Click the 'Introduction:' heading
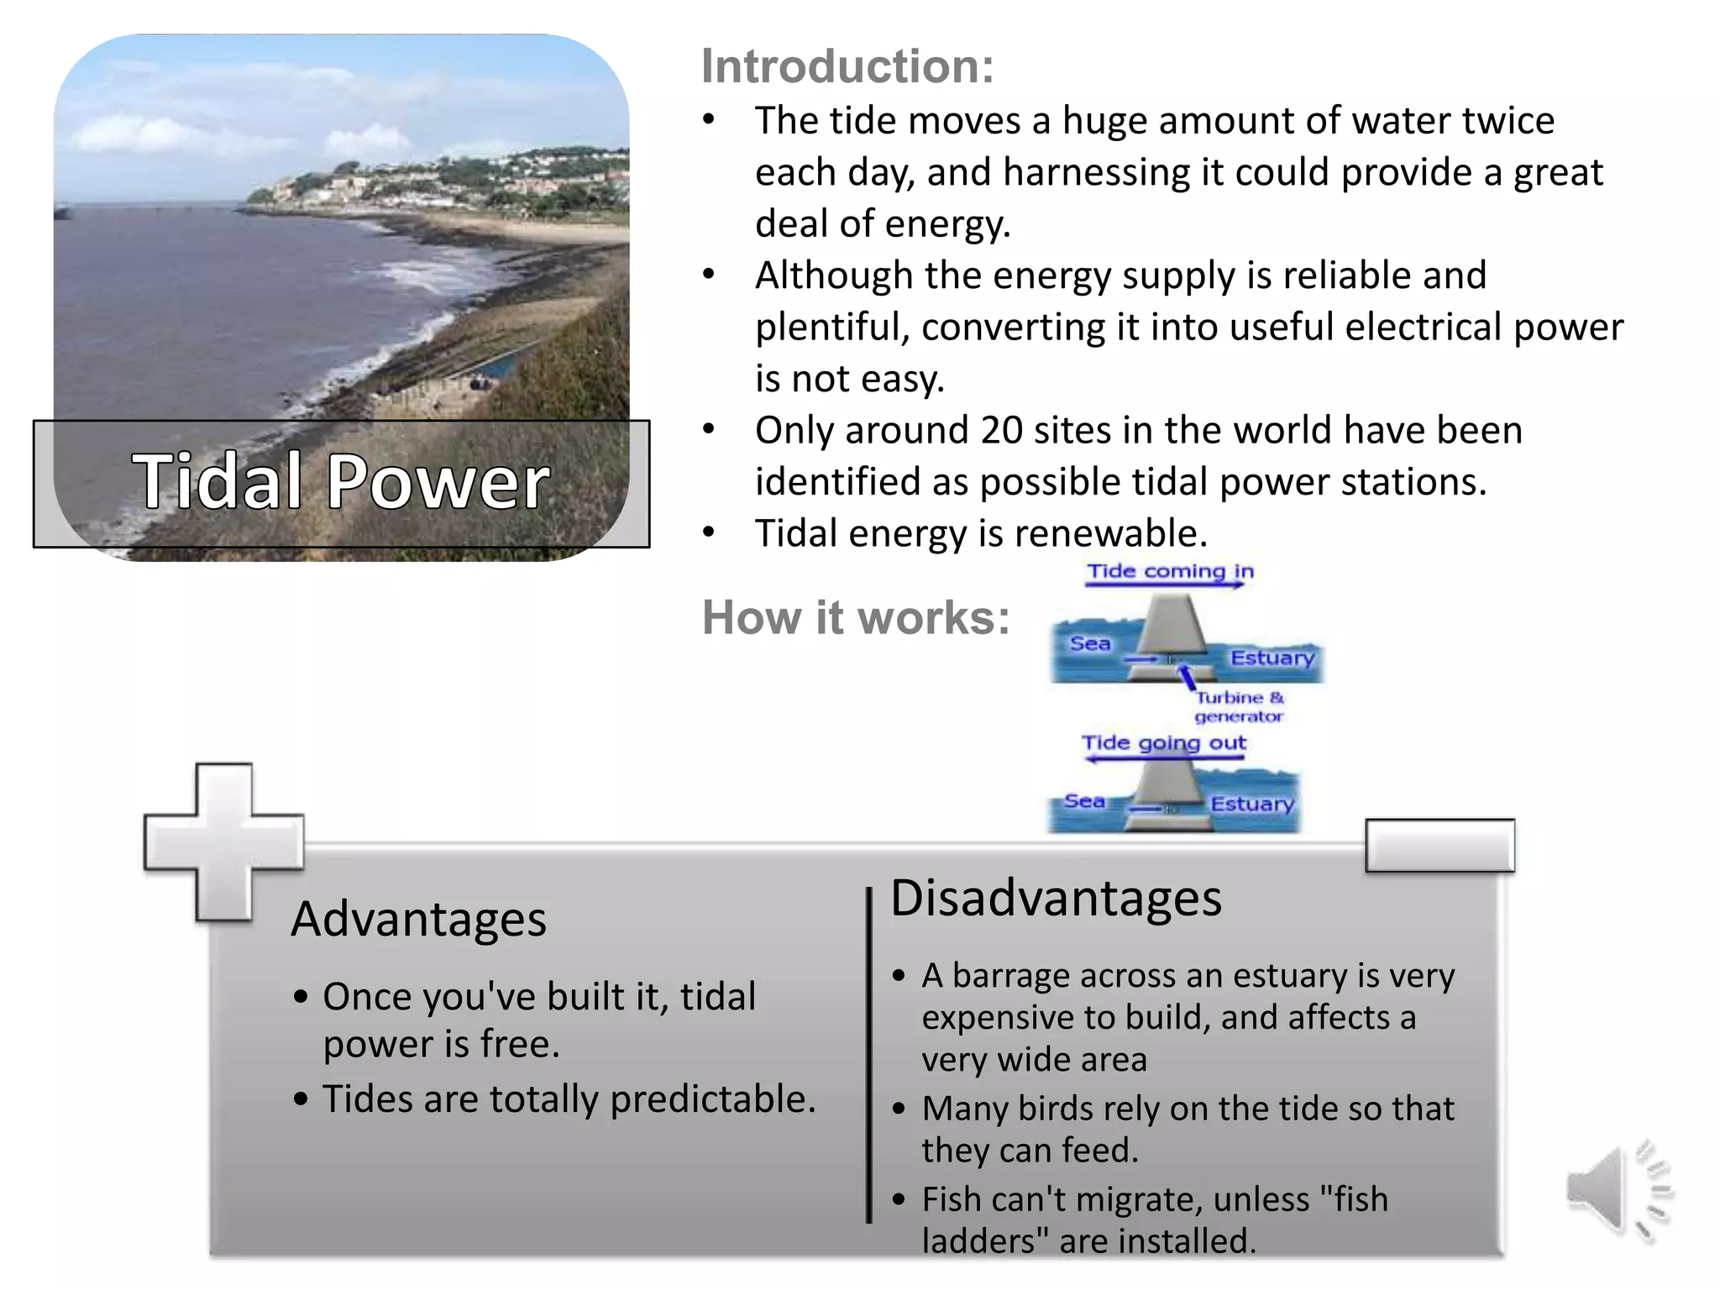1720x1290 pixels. tap(847, 66)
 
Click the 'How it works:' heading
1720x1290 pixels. tap(855, 618)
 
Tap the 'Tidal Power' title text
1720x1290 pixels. tap(340, 482)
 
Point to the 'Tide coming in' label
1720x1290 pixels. tap(1170, 572)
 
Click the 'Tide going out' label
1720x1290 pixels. tap(1163, 743)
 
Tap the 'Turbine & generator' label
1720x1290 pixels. tap(1239, 707)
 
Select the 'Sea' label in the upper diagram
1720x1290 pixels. tap(1089, 644)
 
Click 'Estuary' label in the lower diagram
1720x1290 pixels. tap(1251, 805)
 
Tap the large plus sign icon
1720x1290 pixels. tap(223, 842)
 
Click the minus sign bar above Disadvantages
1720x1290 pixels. tap(1439, 846)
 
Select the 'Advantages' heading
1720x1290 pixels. tap(418, 919)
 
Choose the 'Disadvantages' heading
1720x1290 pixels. tap(1055, 898)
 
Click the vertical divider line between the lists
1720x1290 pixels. tap(869, 1054)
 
